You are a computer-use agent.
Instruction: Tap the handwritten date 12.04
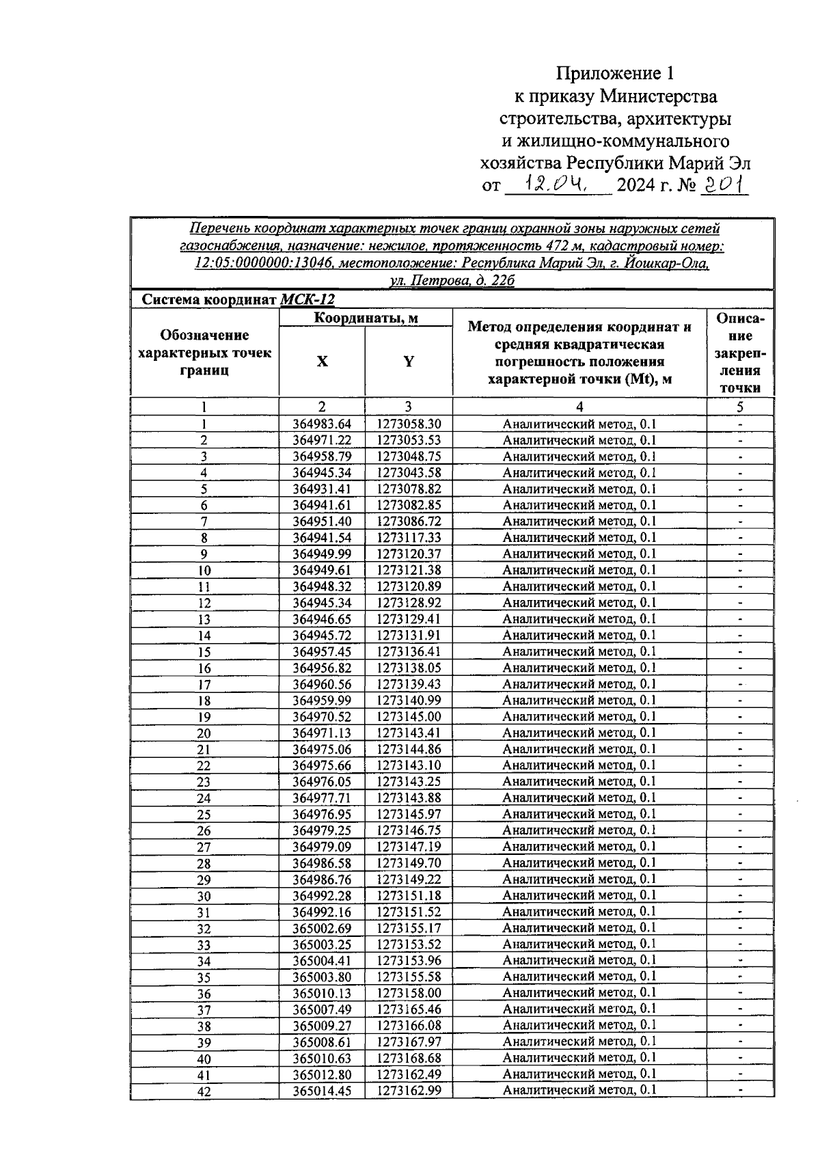(555, 184)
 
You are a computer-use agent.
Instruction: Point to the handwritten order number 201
(725, 184)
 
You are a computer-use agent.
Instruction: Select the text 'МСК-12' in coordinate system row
(307, 300)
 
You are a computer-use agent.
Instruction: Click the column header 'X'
(322, 362)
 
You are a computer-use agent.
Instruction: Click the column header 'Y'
(409, 362)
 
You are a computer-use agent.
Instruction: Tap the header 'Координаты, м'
(366, 318)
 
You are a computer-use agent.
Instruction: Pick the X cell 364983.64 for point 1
(322, 424)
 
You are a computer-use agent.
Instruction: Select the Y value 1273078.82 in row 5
(409, 489)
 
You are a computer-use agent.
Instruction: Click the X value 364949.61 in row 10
(322, 571)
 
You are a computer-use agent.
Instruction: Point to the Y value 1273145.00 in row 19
(409, 717)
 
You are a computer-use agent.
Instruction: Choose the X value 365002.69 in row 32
(322, 928)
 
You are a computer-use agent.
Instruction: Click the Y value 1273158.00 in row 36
(409, 993)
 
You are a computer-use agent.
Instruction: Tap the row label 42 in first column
(204, 1092)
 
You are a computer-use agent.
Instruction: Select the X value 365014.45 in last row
(322, 1091)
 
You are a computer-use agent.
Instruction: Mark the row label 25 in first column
(204, 815)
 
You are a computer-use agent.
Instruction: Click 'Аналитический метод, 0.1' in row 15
(579, 652)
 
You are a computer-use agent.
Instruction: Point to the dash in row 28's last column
(740, 863)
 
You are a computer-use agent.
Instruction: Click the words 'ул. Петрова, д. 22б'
(452, 281)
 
